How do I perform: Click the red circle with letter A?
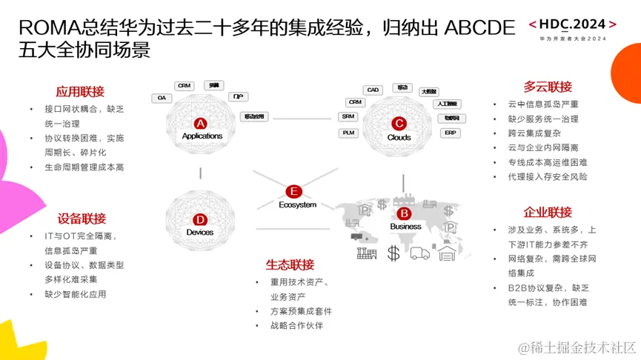[x=200, y=123]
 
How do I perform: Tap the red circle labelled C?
[x=399, y=124]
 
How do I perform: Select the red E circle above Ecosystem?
[x=294, y=191]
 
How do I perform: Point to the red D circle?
[x=200, y=219]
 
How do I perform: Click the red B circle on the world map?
[x=405, y=213]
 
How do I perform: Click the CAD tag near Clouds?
[x=373, y=90]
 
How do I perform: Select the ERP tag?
[x=451, y=133]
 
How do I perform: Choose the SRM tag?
[x=348, y=116]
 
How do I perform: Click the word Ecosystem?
[x=297, y=204]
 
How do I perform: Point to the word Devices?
[x=200, y=232]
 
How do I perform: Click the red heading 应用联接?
[x=80, y=93]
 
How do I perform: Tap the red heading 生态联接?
[x=290, y=264]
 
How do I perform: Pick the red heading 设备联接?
[x=82, y=219]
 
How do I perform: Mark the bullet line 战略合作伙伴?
[x=296, y=325]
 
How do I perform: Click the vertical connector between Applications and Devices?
[x=200, y=173]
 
